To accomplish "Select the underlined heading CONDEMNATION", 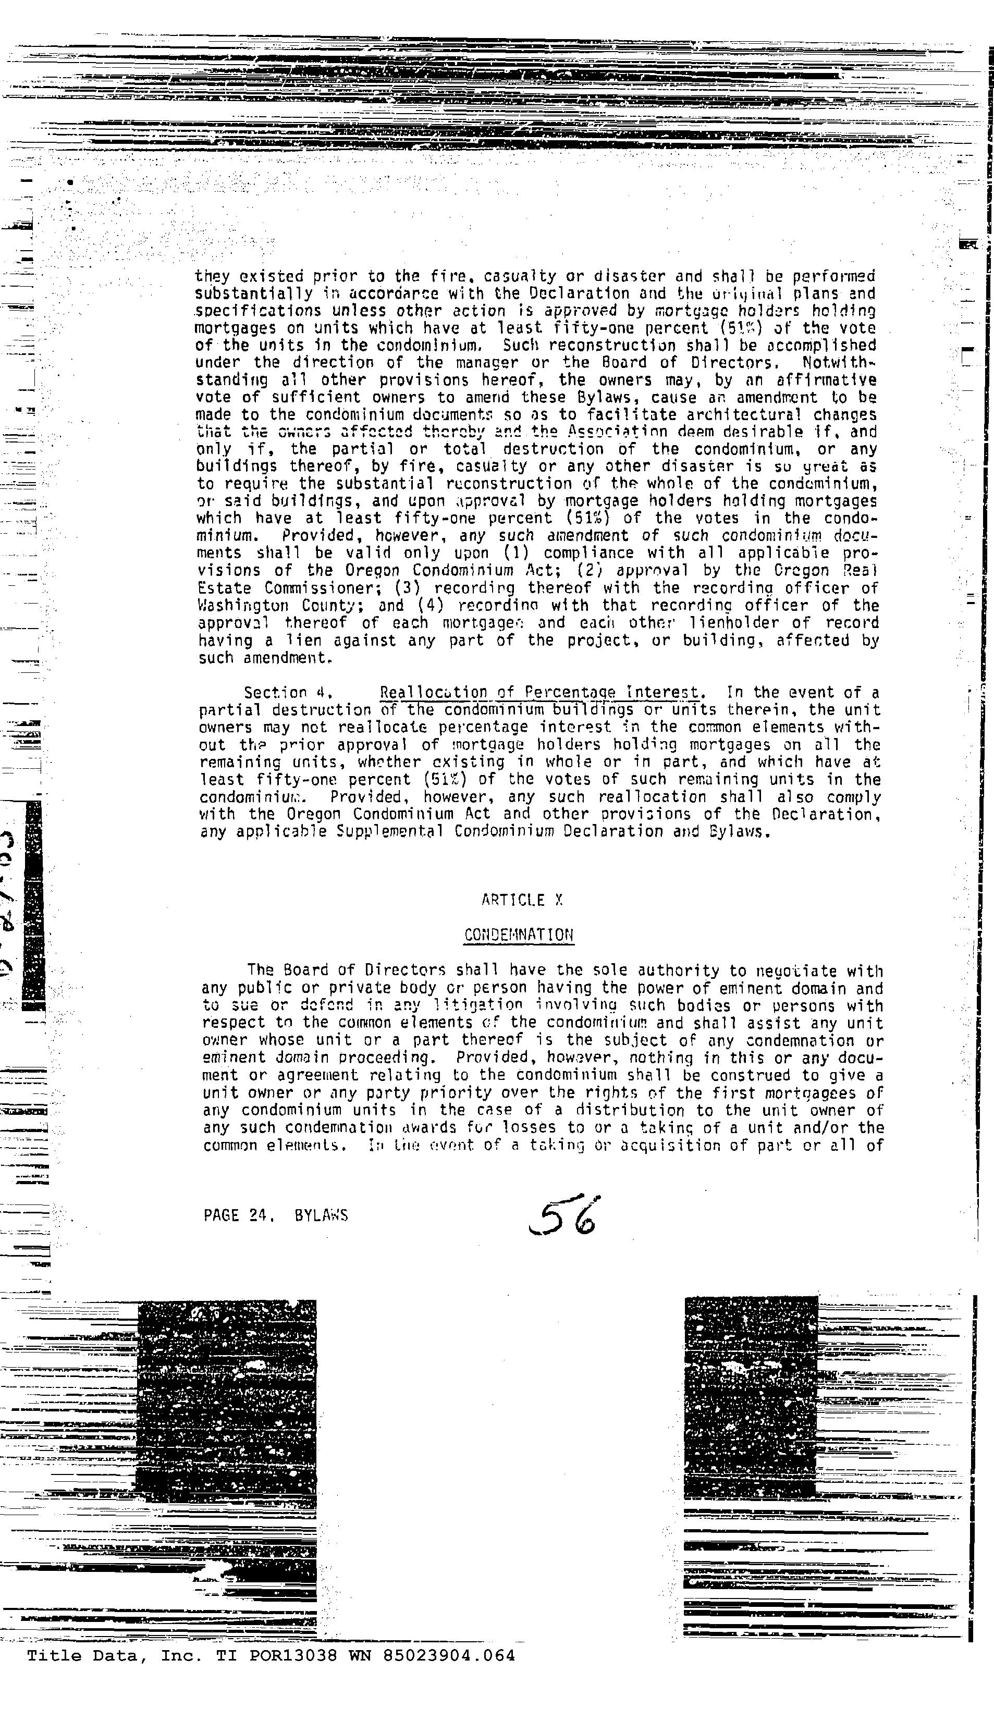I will [519, 935].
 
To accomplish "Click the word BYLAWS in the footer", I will [321, 1215].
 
